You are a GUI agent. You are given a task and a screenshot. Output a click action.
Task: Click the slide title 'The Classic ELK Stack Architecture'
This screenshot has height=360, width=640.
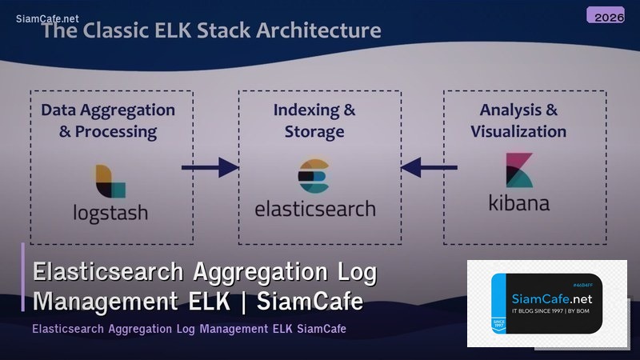211,31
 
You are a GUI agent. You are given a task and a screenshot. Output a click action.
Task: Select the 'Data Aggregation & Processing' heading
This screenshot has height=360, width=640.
108,120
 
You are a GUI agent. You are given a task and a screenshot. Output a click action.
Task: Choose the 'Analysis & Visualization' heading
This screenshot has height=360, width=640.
518,120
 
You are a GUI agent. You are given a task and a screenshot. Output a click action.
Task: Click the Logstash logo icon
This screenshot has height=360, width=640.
110,182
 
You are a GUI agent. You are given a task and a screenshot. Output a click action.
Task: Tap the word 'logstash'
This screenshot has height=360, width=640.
110,214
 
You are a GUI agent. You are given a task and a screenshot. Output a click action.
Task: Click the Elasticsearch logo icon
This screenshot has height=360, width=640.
314,176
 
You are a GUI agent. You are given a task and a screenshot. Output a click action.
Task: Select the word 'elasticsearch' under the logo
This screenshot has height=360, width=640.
314,209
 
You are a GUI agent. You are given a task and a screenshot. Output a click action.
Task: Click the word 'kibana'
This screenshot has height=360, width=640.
519,202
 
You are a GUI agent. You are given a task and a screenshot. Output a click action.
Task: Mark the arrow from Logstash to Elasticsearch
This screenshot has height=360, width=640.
210,167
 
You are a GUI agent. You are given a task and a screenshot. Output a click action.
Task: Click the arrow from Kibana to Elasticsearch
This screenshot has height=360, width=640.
429,167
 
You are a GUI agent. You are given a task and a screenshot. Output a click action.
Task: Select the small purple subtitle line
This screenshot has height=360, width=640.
189,330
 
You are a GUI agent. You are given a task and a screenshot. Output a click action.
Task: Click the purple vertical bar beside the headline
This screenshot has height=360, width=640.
24,277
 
